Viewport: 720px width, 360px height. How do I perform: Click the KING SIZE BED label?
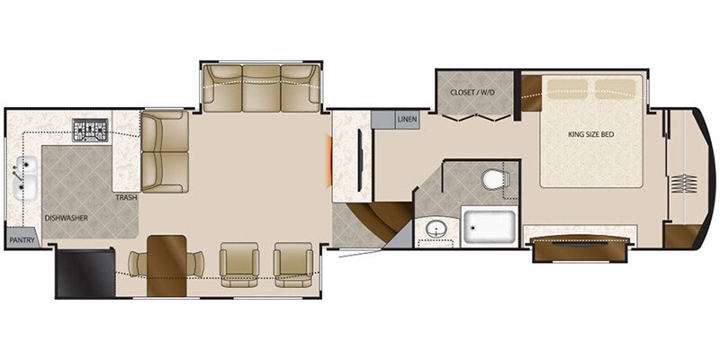tap(590, 135)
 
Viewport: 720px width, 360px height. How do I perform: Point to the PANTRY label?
tap(21, 240)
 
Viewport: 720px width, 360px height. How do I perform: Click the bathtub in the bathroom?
tap(489, 226)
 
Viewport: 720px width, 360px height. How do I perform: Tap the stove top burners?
tap(90, 131)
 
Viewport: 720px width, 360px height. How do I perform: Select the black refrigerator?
tap(85, 273)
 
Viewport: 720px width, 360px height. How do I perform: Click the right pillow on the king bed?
tap(616, 87)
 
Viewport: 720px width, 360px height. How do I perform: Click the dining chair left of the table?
tap(138, 265)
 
